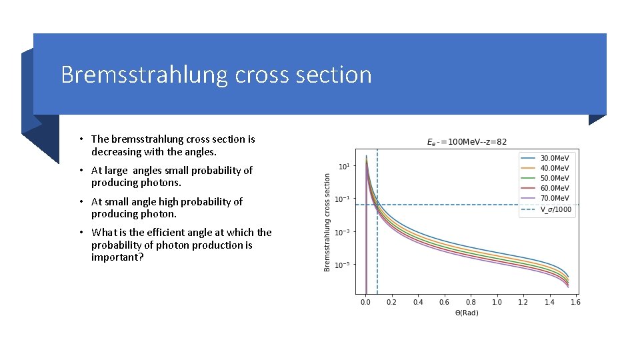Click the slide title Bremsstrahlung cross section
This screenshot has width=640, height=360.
[216, 74]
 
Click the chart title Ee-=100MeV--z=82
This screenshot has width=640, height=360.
[467, 141]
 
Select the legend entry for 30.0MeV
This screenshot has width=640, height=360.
[554, 158]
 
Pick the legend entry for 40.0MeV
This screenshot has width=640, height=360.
[554, 168]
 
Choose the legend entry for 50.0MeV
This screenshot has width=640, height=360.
[554, 178]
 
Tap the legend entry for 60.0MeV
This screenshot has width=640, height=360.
[554, 188]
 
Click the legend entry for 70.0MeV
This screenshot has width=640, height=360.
[554, 198]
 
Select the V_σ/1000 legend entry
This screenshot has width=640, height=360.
[555, 209]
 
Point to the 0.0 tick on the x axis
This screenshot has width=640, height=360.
[365, 302]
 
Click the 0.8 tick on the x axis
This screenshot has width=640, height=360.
[471, 302]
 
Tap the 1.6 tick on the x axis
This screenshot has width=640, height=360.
[575, 302]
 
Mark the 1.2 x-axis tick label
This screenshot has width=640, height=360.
[523, 302]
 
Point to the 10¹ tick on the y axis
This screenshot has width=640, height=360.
[343, 166]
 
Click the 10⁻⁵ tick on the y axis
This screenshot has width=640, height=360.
[342, 265]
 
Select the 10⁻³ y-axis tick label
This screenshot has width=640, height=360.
[342, 232]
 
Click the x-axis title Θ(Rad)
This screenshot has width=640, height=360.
[467, 313]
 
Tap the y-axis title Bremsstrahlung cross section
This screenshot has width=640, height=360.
[327, 223]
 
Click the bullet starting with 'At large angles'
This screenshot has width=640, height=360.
[171, 176]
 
